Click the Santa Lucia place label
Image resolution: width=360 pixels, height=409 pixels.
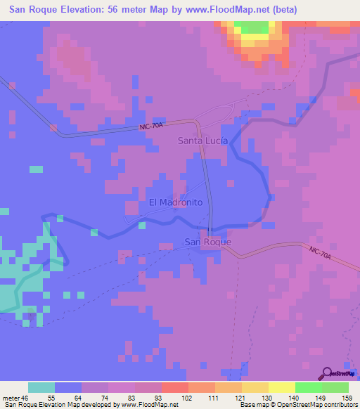pos(201,141)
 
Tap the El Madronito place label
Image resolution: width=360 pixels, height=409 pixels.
pos(176,202)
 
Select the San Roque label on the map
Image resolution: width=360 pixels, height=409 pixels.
pos(207,242)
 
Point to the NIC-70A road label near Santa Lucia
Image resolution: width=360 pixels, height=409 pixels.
pos(151,126)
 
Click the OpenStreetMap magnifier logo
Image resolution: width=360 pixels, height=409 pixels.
pos(328,372)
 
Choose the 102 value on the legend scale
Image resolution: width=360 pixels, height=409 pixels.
pos(188,398)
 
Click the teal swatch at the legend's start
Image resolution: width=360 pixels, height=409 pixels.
pos(41,387)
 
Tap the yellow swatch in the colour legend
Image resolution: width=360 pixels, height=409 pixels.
pos(281,387)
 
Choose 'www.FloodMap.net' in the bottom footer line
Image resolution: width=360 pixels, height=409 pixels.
pos(149,405)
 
